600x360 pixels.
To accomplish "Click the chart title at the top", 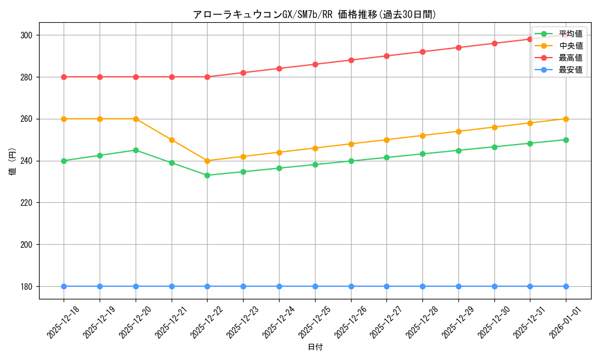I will tap(314, 14).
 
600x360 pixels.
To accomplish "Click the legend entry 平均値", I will tap(570, 34).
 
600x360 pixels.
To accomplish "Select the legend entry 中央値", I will tap(570, 46).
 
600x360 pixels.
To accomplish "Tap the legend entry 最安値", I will tap(570, 70).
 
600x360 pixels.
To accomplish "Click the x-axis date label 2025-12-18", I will tap(64, 322).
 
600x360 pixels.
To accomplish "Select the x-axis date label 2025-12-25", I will tap(315, 322).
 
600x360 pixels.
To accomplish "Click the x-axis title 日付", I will tap(315, 347).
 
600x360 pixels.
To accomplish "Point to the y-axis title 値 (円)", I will tap(13, 161).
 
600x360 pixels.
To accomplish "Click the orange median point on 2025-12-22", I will tap(207, 161).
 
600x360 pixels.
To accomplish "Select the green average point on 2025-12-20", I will tap(136, 150).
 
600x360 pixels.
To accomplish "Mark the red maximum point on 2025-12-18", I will tap(64, 77).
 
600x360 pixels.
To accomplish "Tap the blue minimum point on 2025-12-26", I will tap(351, 286).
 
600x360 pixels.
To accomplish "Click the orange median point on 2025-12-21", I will tap(172, 140).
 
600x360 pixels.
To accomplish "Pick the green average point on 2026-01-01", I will tap(566, 140).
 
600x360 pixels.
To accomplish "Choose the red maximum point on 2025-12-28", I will tap(422, 52).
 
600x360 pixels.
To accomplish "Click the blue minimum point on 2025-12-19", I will tap(100, 286).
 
